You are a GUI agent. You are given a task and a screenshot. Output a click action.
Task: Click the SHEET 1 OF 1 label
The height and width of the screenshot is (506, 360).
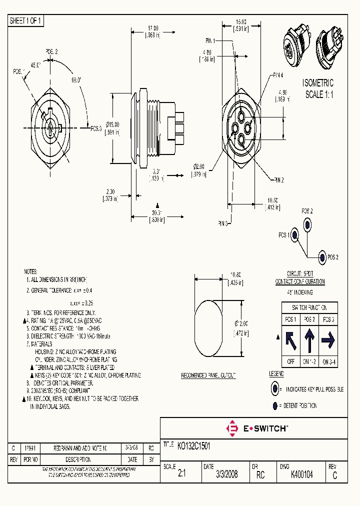pyautogui.click(x=26, y=21)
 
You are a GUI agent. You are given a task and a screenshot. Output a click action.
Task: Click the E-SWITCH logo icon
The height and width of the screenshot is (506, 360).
pyautogui.click(x=232, y=428)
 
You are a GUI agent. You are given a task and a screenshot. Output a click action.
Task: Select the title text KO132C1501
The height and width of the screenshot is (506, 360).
pyautogui.click(x=194, y=445)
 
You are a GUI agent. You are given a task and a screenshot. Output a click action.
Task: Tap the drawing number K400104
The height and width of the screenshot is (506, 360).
pyautogui.click(x=301, y=475)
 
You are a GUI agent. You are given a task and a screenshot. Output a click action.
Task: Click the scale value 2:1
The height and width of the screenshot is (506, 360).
pyautogui.click(x=181, y=475)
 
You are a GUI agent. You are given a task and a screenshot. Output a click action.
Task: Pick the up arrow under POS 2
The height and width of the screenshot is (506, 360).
pyautogui.click(x=309, y=341)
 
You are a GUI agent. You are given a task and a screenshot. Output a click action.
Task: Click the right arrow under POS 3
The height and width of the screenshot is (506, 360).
pyautogui.click(x=328, y=341)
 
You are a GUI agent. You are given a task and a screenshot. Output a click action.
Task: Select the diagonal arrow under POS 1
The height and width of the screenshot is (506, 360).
pyautogui.click(x=290, y=341)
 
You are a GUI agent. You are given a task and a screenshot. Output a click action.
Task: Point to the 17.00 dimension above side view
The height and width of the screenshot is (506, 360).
pyautogui.click(x=152, y=28)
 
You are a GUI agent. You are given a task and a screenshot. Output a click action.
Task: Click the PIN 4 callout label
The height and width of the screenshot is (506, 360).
pyautogui.click(x=278, y=75)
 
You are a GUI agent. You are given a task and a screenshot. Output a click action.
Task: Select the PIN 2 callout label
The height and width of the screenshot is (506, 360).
pyautogui.click(x=278, y=179)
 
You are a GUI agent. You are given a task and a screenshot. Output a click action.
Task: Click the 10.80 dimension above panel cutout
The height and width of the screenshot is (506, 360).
pyautogui.click(x=235, y=274)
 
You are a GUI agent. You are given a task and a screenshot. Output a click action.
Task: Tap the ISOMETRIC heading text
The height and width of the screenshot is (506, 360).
pyautogui.click(x=318, y=83)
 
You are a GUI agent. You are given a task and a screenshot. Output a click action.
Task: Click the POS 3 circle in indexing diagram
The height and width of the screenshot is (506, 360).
pyautogui.click(x=322, y=257)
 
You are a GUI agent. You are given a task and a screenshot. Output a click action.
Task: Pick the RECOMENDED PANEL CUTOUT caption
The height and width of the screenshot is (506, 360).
pyautogui.click(x=208, y=375)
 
